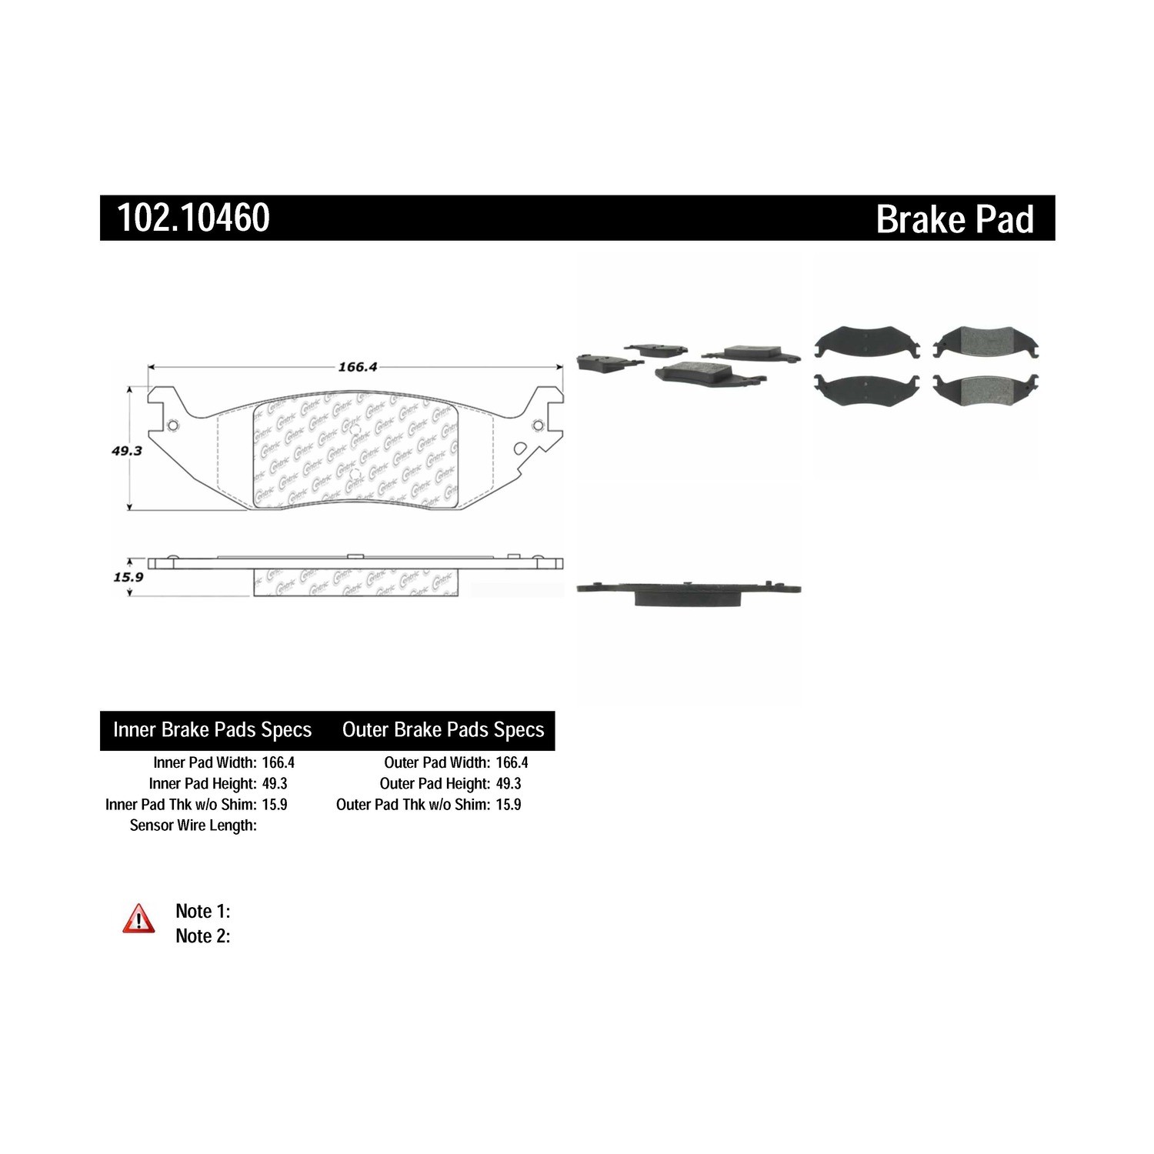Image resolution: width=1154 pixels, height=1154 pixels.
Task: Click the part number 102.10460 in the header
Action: click(x=193, y=218)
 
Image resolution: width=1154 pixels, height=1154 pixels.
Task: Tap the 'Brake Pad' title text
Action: click(x=955, y=219)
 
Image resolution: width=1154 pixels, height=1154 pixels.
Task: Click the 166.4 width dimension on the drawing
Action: click(x=358, y=367)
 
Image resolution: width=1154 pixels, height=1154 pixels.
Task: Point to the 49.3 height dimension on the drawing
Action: click(x=127, y=451)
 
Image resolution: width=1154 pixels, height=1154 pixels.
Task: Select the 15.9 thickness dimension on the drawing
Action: click(x=128, y=576)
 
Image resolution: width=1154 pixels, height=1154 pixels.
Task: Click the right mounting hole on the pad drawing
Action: click(x=538, y=425)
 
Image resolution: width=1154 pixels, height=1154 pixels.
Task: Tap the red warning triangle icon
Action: click(x=138, y=919)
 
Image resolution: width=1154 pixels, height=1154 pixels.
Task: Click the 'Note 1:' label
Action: click(x=203, y=911)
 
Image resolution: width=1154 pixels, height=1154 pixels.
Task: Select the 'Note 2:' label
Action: click(x=203, y=936)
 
